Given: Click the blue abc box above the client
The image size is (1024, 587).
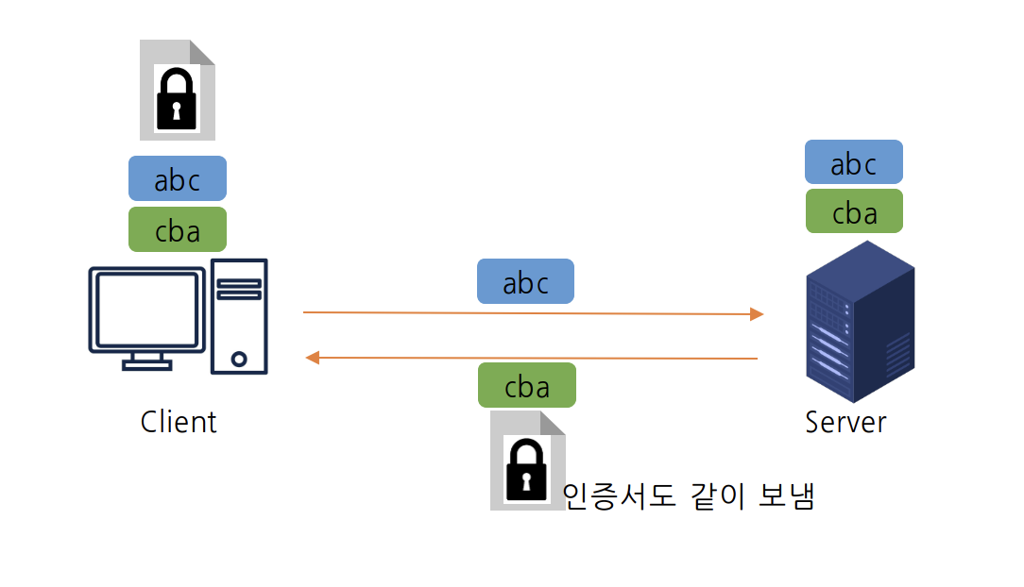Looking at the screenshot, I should pos(178,178).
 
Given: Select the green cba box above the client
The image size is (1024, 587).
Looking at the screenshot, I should pos(178,229).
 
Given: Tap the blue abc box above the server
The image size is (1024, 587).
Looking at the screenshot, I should pos(854,162).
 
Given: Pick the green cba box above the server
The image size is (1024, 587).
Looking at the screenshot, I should pos(854,211).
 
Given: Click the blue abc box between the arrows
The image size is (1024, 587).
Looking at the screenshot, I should pos(525,281).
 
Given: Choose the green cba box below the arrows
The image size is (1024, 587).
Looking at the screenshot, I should pos(526,385).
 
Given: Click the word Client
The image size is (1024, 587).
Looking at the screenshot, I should pos(179,421).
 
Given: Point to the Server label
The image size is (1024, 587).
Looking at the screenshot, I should pos(845,421).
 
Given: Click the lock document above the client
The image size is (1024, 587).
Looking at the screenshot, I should pos(177,90).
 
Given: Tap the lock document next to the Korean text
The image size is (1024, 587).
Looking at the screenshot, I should pos(526,461).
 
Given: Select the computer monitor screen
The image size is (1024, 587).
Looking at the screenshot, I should pos(146,309).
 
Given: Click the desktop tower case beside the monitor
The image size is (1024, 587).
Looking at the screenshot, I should pos(239,315).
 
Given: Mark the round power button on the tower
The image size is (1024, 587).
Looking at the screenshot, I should pos(239,359).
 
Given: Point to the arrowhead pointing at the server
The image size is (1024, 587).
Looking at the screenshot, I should pos(757,314).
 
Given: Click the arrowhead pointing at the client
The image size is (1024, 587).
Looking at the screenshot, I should pos(312,357).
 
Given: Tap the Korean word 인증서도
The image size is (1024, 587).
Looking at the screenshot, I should pos(620,495).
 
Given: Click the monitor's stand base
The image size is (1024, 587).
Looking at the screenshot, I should pos(146,363).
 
